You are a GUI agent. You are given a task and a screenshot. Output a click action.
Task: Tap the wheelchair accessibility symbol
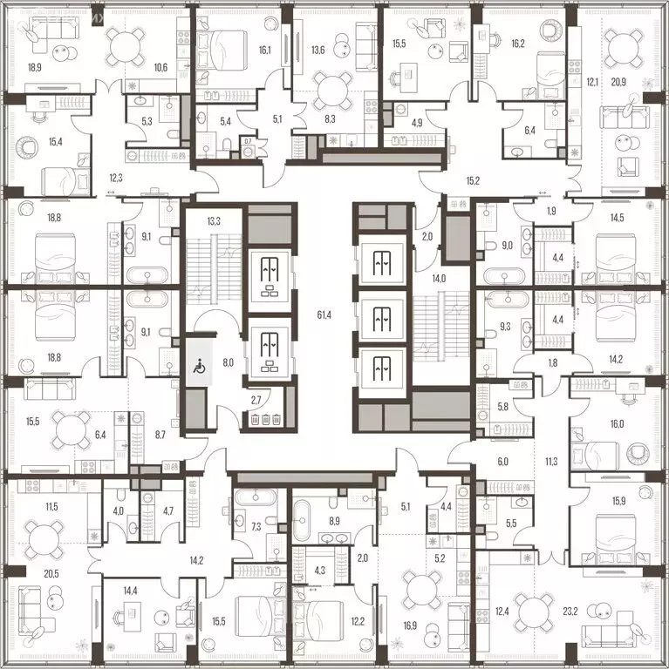point(197,368)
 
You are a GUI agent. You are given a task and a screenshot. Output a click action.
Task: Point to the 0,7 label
point(248,141)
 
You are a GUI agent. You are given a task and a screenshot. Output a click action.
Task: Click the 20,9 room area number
point(616,82)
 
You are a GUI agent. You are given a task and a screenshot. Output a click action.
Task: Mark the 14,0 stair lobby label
point(438,278)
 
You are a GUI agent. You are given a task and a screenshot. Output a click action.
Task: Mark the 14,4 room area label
point(130,591)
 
